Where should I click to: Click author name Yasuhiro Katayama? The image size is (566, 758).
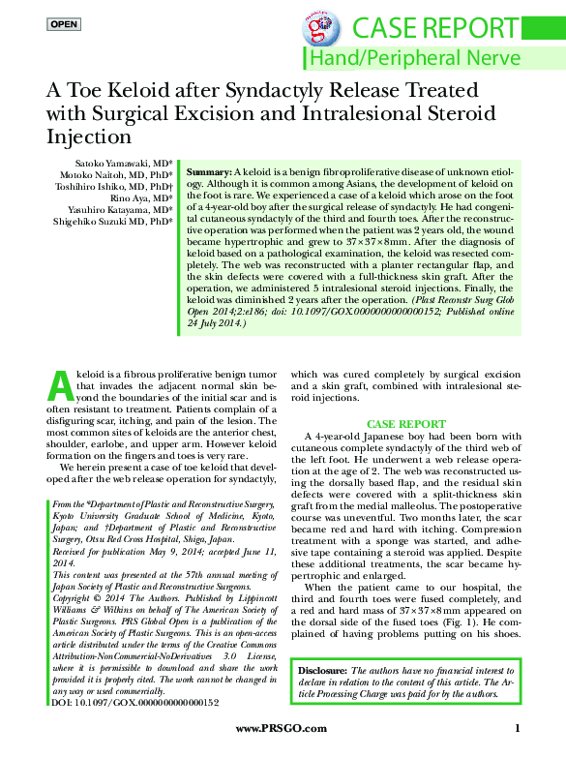tap(106, 209)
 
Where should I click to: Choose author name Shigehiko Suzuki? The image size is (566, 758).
tap(102, 221)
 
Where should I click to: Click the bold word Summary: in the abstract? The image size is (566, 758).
tap(208, 170)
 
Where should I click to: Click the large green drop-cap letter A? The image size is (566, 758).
tap(60, 384)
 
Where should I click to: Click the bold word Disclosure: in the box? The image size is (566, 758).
tap(324, 670)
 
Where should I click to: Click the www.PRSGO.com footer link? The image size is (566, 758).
tap(275, 728)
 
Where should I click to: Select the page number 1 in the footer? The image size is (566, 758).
tap(519, 728)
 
